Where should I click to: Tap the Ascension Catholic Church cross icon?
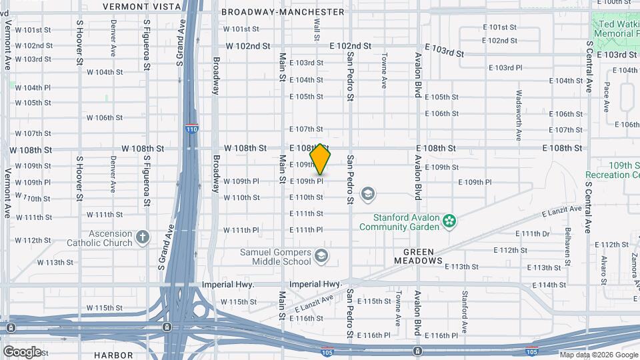point(142,237)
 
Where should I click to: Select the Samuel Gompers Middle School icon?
point(321,256)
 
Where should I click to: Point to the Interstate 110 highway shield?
point(191,127)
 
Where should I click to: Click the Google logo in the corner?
point(22,351)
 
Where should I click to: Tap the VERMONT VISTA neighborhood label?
point(141,7)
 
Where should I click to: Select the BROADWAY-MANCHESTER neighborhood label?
point(283,12)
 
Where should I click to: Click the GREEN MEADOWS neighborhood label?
point(423,257)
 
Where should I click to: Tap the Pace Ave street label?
point(607,97)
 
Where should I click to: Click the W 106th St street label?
point(104,118)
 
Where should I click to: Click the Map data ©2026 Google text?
point(598,355)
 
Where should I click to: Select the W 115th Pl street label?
point(238,302)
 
